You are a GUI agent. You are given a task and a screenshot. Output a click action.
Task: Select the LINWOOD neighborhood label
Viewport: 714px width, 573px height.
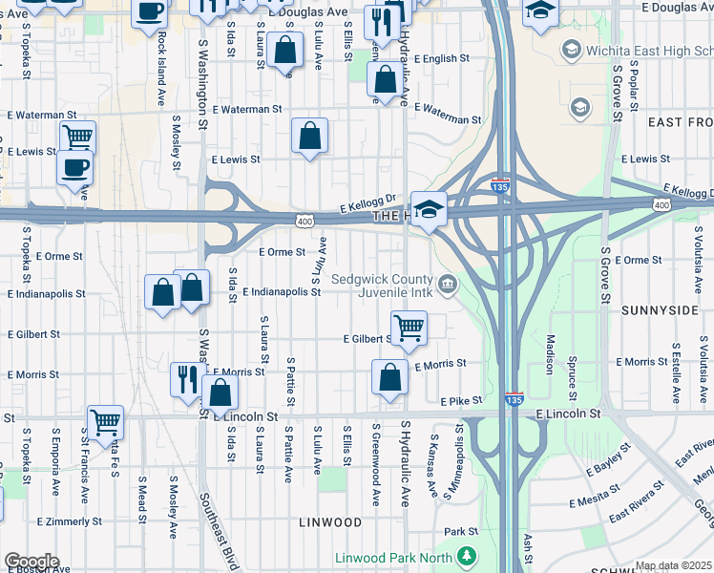click(x=330, y=523)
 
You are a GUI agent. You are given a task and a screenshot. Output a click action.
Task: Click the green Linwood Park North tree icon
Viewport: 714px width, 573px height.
click(x=467, y=555)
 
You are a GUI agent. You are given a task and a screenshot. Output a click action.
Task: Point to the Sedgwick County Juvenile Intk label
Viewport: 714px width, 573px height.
click(x=382, y=286)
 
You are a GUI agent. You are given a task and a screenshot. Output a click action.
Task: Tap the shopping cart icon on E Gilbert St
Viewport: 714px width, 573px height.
click(x=409, y=328)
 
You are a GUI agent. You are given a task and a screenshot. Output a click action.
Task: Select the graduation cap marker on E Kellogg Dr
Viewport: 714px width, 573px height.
click(x=429, y=209)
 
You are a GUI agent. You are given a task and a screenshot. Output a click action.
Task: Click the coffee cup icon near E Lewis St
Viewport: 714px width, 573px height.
click(x=74, y=167)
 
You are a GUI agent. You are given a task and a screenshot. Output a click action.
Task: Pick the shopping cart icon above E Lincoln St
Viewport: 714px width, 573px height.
click(x=105, y=420)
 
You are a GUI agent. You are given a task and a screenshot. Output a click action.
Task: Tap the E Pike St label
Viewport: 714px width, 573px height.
click(x=462, y=401)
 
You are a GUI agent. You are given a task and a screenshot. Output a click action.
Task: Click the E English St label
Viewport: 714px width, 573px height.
click(x=439, y=58)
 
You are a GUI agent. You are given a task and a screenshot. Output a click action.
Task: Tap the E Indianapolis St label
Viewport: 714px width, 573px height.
click(x=281, y=292)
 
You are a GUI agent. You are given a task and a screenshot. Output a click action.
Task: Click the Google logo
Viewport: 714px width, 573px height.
click(x=31, y=562)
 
